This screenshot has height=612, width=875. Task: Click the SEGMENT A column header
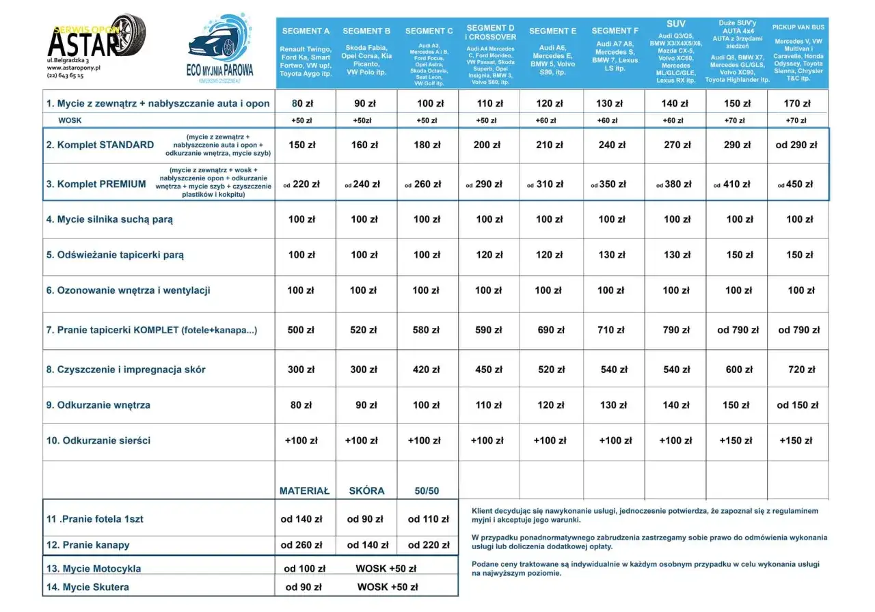305,31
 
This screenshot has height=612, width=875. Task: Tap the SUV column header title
675,24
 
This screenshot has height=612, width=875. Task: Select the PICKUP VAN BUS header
798,27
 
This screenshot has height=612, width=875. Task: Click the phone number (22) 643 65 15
66,76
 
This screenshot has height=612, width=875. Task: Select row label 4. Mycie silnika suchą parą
109,219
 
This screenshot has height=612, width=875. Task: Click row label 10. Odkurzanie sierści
98,441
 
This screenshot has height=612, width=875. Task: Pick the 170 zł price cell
797,104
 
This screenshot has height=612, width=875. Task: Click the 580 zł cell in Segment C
427,330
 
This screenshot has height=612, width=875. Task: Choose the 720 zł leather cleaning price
801,370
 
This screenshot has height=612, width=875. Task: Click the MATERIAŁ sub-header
304,490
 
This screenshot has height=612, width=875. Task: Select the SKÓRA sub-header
366,490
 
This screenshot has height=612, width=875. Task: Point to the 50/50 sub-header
427,490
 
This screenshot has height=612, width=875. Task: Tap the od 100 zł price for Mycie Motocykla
305,568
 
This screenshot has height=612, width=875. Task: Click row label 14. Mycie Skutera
87,587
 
